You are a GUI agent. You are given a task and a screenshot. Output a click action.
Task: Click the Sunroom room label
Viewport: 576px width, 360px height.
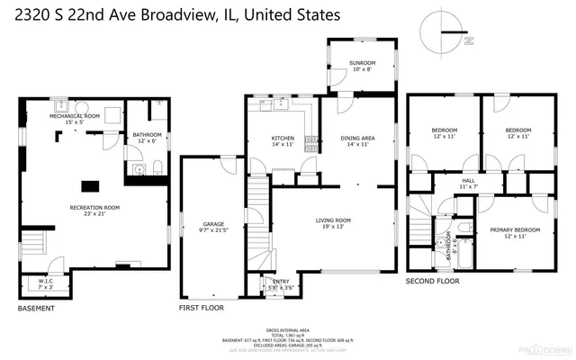362,62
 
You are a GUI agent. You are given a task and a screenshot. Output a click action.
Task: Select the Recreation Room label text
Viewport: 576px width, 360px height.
94,207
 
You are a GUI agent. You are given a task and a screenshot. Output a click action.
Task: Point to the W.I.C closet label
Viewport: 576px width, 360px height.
46,283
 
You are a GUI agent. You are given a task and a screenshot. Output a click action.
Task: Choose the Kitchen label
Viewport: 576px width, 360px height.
283,139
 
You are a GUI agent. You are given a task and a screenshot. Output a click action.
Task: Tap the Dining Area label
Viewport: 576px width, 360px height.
356,139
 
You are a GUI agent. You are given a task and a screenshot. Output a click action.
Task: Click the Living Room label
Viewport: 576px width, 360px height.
332,220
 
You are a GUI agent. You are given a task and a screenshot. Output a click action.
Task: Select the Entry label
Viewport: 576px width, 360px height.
282,283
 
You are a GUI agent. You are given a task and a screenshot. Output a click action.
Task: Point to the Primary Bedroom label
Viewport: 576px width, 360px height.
515,229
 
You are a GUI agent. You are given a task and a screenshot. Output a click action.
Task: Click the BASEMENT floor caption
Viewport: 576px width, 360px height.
36,308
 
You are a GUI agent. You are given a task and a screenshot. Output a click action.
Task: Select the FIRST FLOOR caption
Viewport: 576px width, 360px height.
201,308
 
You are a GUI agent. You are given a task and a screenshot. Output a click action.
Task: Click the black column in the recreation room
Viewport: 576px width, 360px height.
91,186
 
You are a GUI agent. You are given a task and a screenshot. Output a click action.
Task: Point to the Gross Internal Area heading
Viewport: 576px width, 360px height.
287,330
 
